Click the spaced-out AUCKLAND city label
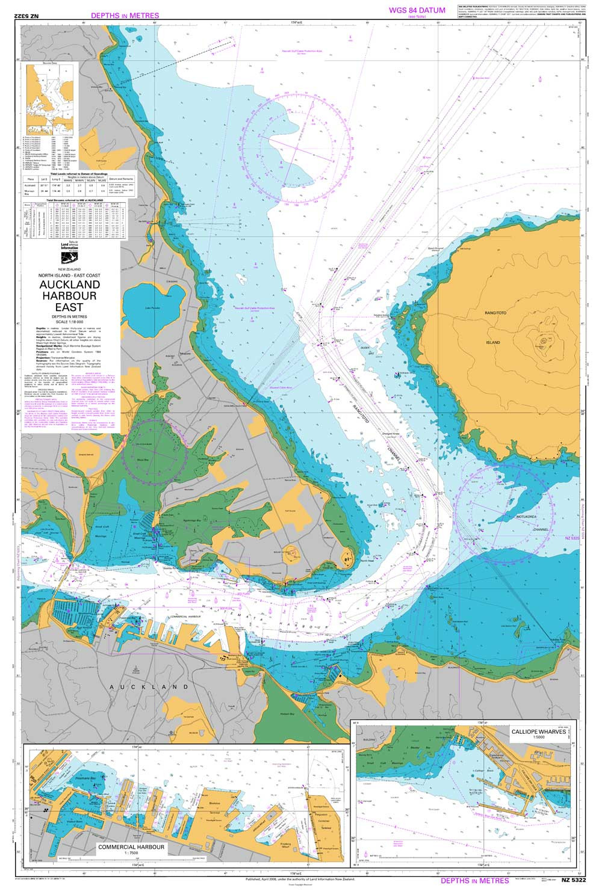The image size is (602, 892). point(148,686)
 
